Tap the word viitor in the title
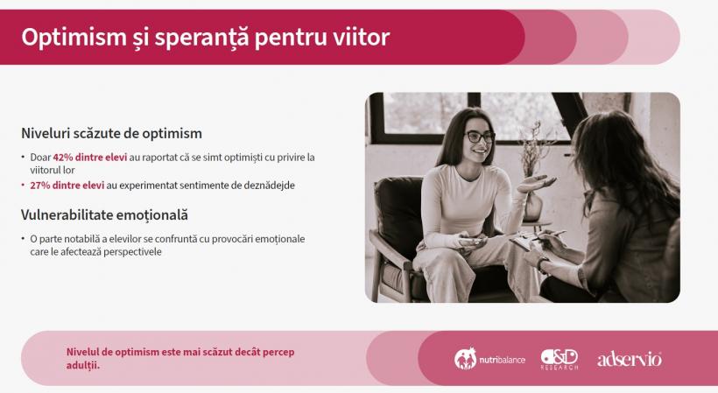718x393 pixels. click(362, 38)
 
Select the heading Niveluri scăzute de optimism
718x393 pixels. click(112, 134)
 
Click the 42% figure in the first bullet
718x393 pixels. click(62, 157)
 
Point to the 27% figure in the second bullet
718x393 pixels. click(40, 186)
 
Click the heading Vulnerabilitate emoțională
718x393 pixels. click(105, 214)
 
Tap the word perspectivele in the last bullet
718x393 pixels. click(134, 252)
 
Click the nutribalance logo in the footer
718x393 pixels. click(490, 359)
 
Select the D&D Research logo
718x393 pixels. click(560, 359)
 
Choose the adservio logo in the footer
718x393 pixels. click(629, 359)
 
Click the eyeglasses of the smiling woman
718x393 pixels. click(480, 137)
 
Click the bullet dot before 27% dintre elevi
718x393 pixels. click(24, 186)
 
